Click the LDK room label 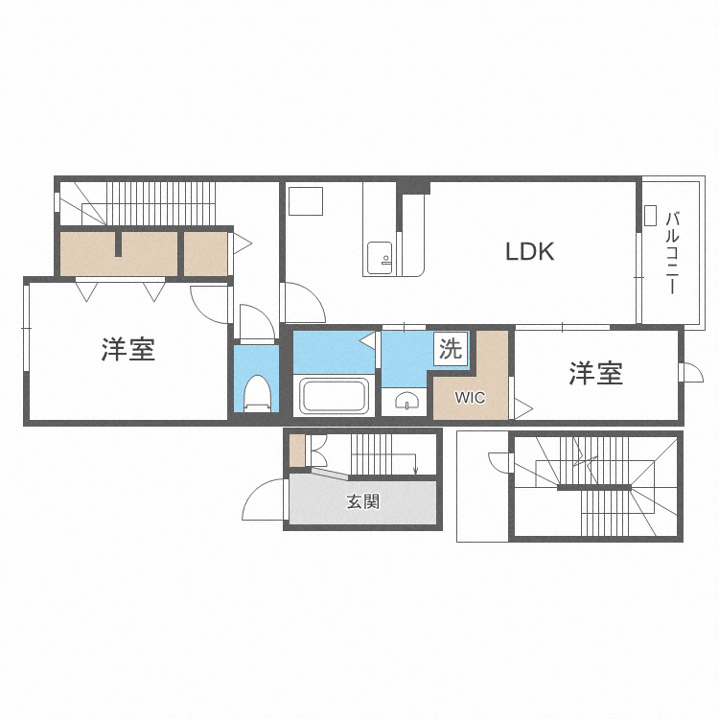tap(530, 252)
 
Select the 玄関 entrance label tap(363, 500)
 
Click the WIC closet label tap(470, 397)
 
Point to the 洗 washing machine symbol tap(450, 349)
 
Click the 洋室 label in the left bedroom tap(128, 350)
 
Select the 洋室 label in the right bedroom tap(595, 374)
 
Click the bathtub tap(334, 396)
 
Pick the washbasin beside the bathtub tap(407, 402)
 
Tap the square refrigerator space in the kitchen tap(306, 202)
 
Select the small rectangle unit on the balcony tap(650, 215)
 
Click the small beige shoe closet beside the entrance tap(297, 450)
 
